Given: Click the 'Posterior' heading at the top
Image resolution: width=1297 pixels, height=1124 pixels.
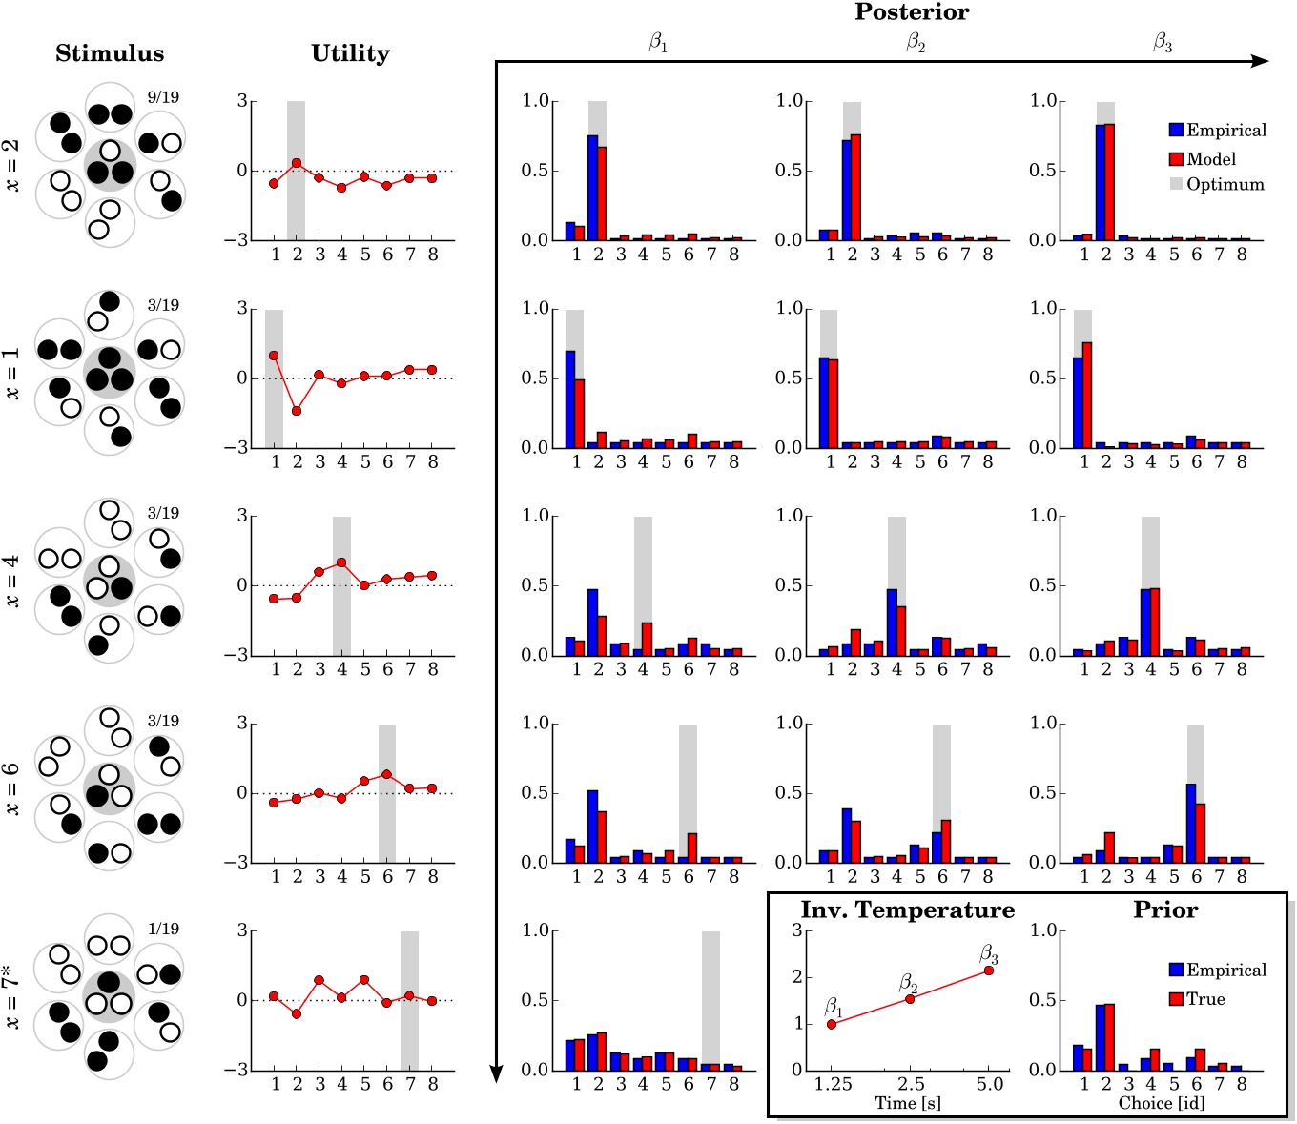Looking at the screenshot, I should tap(912, 12).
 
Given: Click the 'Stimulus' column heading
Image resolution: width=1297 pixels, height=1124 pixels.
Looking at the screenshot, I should tap(110, 53).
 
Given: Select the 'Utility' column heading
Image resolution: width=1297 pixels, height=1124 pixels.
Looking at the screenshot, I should tap(350, 53).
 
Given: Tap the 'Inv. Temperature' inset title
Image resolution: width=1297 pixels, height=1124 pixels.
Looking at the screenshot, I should tap(907, 910).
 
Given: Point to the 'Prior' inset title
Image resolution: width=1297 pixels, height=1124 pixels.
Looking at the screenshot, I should tap(1165, 910).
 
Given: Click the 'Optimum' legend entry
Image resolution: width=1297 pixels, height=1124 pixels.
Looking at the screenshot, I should tap(1225, 184).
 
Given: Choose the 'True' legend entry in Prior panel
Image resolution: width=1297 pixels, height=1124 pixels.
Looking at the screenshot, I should tap(1205, 999).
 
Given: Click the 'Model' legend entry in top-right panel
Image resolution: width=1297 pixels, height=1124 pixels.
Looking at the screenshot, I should tap(1210, 159).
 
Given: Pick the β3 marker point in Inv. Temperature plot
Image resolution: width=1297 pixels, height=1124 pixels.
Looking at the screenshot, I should tap(989, 971).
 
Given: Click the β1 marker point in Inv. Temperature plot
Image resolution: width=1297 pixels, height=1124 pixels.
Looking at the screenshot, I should tap(832, 1024).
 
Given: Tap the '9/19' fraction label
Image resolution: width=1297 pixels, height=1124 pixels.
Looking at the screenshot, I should tap(163, 97).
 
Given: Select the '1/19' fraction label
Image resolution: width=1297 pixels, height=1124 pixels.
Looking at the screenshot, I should tap(163, 929).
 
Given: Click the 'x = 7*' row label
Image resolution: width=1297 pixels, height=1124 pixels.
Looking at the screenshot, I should tap(11, 996).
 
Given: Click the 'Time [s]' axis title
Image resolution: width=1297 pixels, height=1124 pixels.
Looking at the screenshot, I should tap(908, 1103).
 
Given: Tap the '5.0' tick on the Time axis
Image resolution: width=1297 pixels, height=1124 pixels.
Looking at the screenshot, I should tap(990, 1084).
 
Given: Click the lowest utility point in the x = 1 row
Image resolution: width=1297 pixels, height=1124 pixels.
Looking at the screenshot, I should tap(297, 411).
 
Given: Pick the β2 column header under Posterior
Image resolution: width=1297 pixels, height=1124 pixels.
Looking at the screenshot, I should tap(915, 42).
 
